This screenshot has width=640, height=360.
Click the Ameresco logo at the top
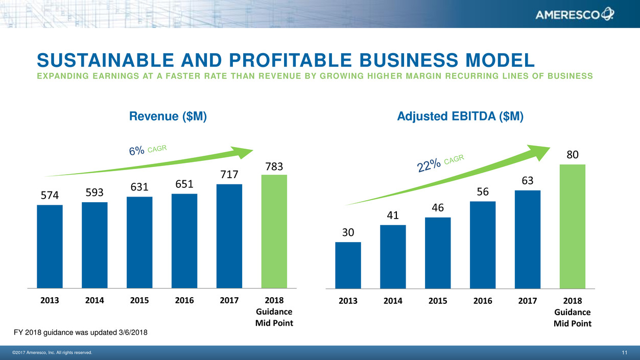[575, 15]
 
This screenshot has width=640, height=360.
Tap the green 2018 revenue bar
[274, 232]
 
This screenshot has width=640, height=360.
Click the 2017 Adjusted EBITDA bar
[528, 239]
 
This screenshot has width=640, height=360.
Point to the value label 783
[274, 167]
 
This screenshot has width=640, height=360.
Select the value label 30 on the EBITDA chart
[348, 232]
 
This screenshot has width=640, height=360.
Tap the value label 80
[573, 154]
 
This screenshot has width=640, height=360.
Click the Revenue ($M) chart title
[169, 116]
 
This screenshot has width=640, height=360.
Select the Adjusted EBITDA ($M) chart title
[460, 116]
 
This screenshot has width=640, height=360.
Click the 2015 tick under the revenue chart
[139, 300]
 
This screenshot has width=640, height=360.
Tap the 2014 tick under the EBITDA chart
[393, 301]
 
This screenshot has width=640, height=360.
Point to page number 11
[625, 353]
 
